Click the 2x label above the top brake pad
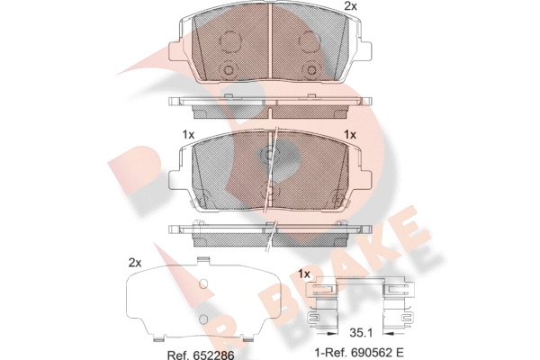pos(351,6)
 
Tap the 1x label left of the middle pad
pos(188,135)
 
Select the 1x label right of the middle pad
pos(350,135)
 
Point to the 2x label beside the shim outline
pos(135,263)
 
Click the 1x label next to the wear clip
pos(304,274)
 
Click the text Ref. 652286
pos(201,355)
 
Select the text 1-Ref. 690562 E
pos(359,353)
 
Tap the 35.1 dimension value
pos(361,333)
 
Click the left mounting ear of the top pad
pos(176,51)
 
